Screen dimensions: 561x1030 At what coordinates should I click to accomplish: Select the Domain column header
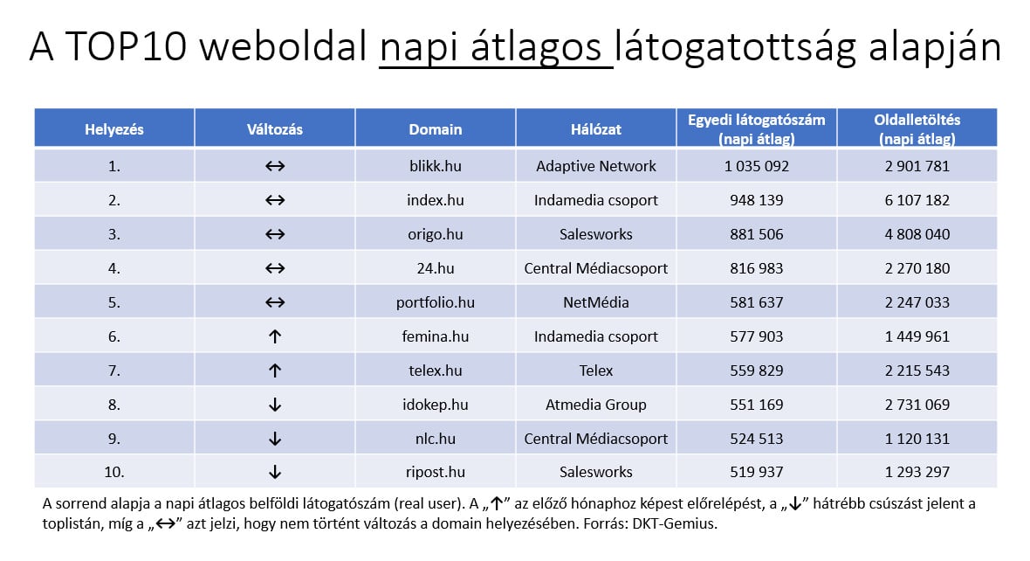[x=435, y=129]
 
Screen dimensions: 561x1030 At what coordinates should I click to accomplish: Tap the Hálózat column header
[x=595, y=129]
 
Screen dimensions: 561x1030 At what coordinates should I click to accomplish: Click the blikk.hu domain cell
[x=435, y=166]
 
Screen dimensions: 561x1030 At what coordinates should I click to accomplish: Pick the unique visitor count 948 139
[x=756, y=200]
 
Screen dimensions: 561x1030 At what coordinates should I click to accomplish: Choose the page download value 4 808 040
[x=917, y=234]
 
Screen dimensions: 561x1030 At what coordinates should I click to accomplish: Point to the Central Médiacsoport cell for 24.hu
[x=595, y=268]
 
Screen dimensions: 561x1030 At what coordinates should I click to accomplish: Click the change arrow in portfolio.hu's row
[x=275, y=302]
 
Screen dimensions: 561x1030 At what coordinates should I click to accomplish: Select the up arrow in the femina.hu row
[x=275, y=336]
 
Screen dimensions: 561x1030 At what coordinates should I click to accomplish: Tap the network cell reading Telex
[x=595, y=371]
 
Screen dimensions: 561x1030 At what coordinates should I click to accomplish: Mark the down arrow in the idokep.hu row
[x=275, y=405]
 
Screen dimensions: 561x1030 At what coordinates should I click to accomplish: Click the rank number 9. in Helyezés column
[x=113, y=439]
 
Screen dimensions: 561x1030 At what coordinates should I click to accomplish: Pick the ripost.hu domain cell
[x=435, y=473]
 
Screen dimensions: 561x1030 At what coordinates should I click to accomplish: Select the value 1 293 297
[x=917, y=473]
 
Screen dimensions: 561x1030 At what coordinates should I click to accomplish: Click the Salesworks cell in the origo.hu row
[x=595, y=234]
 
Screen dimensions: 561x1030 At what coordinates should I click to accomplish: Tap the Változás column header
[x=275, y=129]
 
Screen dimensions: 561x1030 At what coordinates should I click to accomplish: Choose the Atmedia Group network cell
[x=595, y=405]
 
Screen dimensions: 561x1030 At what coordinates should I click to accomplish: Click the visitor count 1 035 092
[x=756, y=166]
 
